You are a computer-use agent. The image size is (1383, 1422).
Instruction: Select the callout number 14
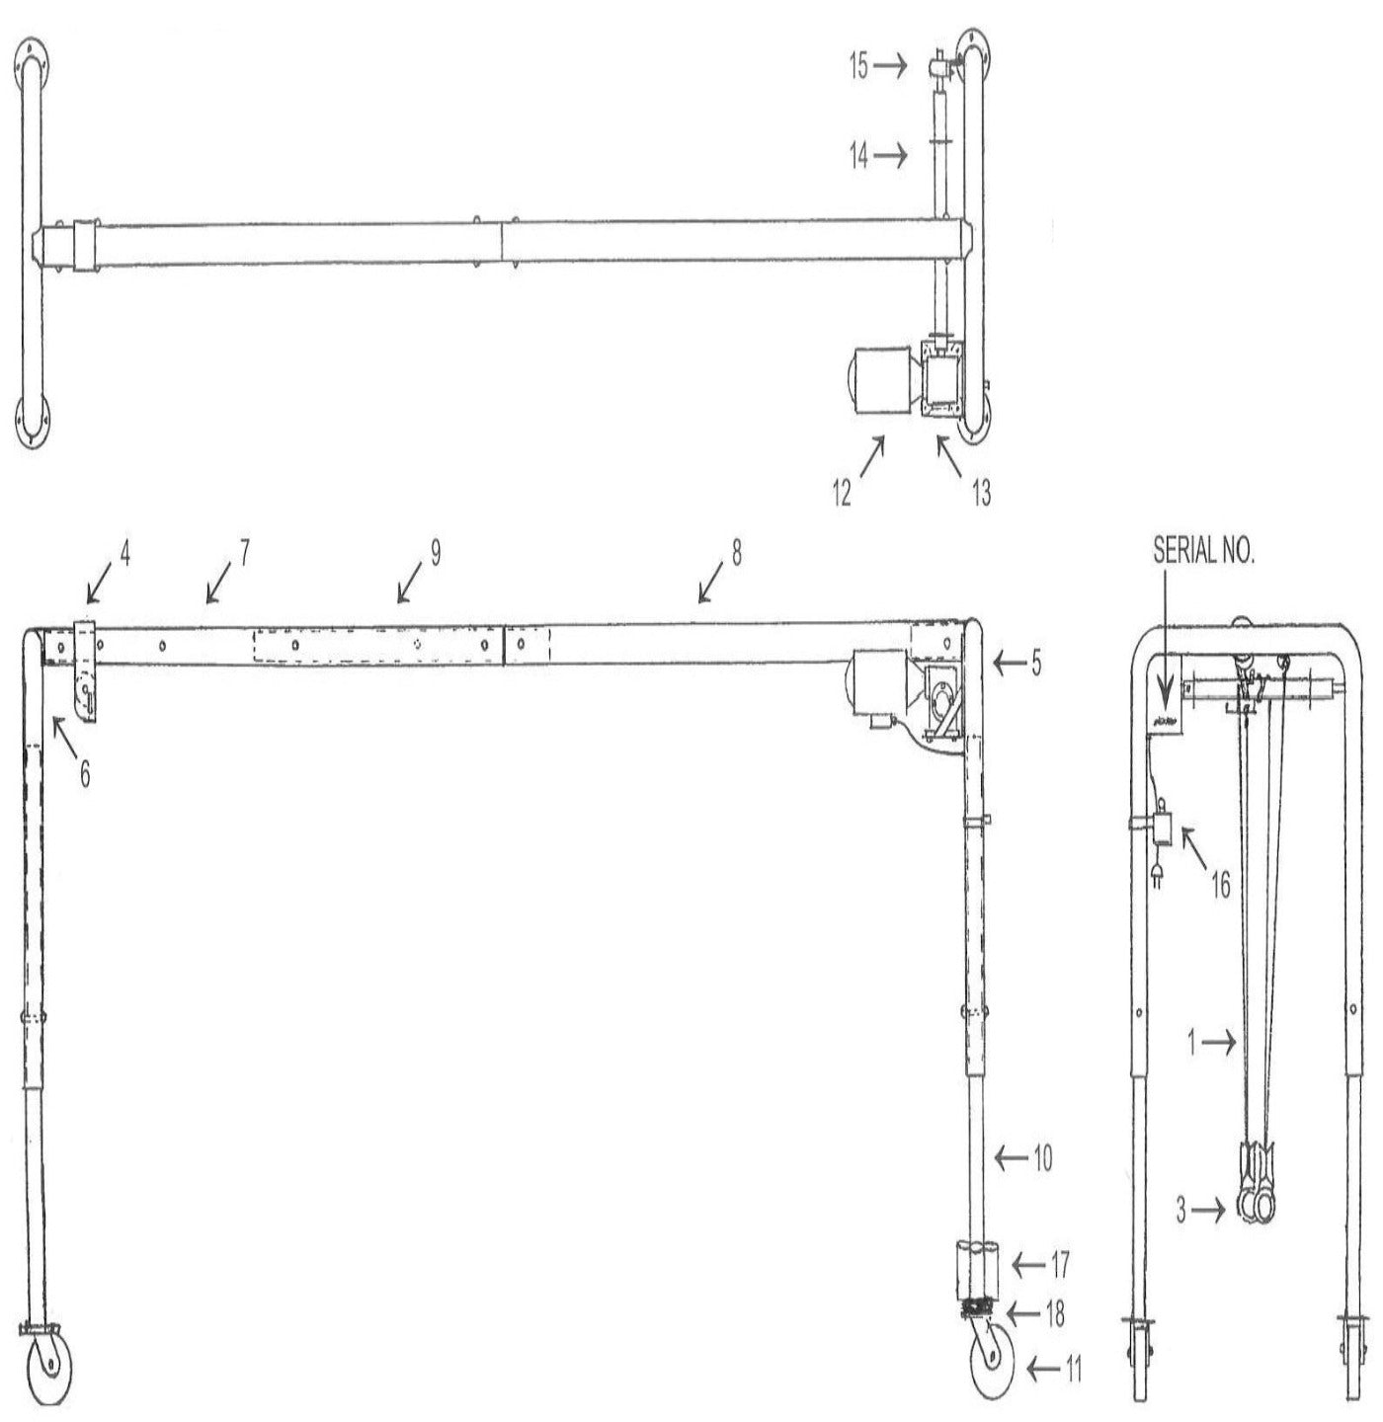click(x=859, y=155)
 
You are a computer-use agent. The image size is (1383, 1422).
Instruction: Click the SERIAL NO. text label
click(x=1203, y=552)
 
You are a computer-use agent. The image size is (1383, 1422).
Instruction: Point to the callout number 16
click(x=1221, y=885)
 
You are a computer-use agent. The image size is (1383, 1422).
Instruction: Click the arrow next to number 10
click(x=1011, y=1157)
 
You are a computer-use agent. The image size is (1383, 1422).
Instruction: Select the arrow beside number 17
click(x=1029, y=1263)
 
